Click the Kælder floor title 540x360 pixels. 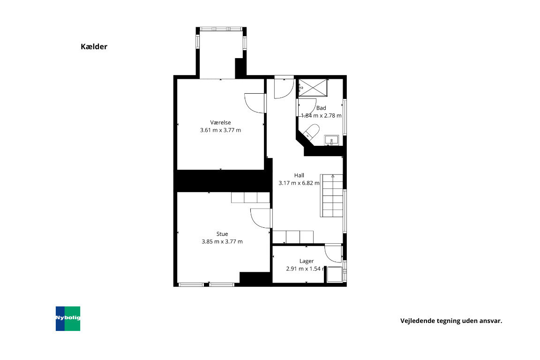pyautogui.click(x=94, y=47)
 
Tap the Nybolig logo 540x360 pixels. pyautogui.click(x=68, y=318)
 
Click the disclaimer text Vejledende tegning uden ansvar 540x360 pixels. pyautogui.click(x=451, y=321)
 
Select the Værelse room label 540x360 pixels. pyautogui.click(x=220, y=122)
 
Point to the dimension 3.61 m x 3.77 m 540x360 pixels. pyautogui.click(x=220, y=130)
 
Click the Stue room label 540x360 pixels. pyautogui.click(x=222, y=234)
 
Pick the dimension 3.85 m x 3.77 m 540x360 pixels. pyautogui.click(x=222, y=242)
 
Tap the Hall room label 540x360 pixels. pyautogui.click(x=299, y=175)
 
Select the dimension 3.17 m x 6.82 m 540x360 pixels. pyautogui.click(x=299, y=183)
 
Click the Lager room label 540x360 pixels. pyautogui.click(x=307, y=261)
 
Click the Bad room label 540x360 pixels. pyautogui.click(x=321, y=108)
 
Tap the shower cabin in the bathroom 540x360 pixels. pyautogui.click(x=314, y=88)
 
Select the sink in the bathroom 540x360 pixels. pyautogui.click(x=332, y=140)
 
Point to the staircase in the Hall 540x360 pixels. pyautogui.click(x=332, y=195)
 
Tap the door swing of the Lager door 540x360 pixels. pyautogui.click(x=333, y=254)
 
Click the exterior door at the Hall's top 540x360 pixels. pyautogui.click(x=284, y=88)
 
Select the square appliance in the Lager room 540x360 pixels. pyautogui.click(x=334, y=274)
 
